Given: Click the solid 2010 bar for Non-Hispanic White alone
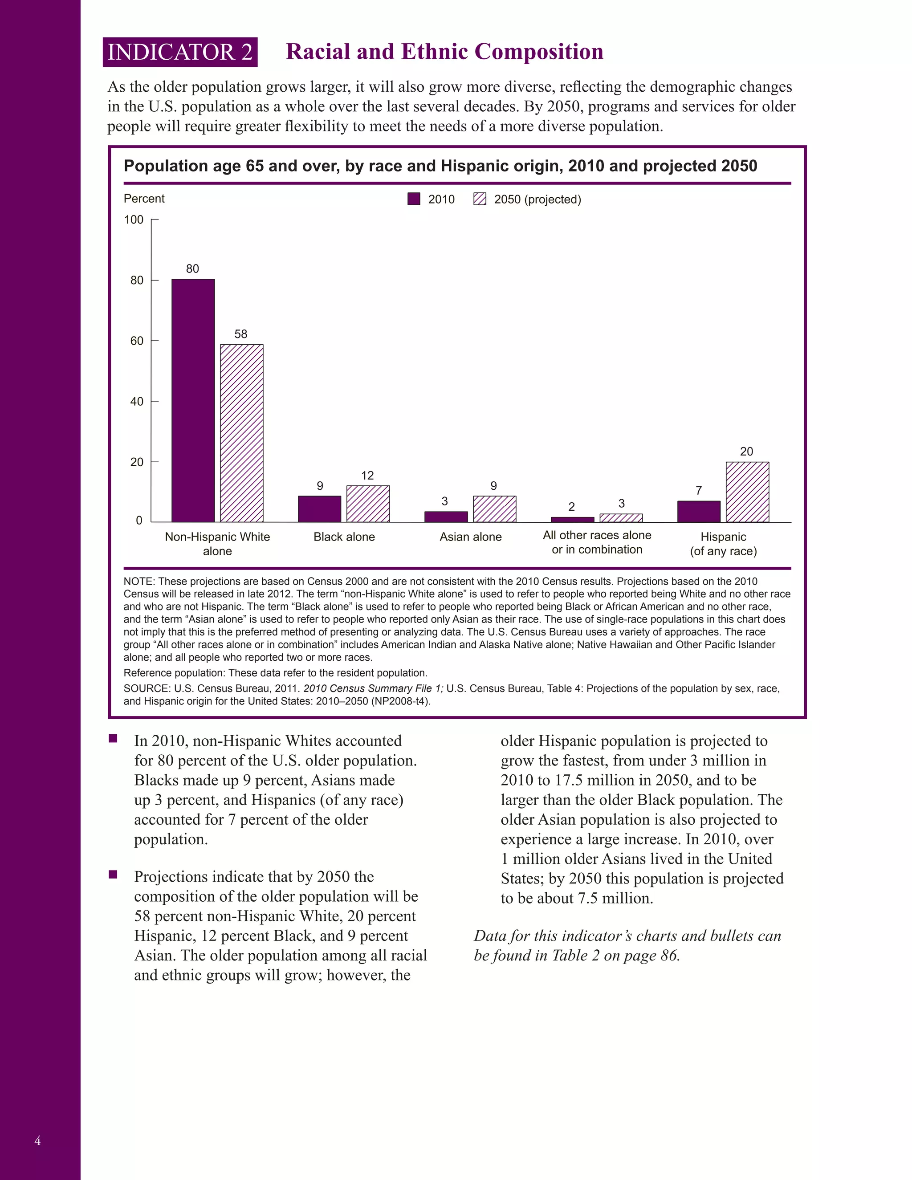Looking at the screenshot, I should (193, 400).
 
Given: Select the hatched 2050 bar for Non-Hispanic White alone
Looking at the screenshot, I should (241, 433).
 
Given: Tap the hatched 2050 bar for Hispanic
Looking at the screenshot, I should (747, 492).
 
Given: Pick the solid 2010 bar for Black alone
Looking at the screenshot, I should (319, 509).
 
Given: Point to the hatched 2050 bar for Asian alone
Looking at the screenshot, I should (494, 509).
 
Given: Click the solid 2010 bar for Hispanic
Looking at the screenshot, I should (699, 511).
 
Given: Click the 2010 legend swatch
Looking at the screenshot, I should (414, 199).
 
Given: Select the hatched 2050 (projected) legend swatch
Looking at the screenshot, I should (480, 199).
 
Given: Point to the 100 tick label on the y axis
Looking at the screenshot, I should (134, 220).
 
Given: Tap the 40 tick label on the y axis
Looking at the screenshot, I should (137, 402).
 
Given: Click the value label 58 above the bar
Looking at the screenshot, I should (241, 334).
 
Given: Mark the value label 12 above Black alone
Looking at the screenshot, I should (367, 476).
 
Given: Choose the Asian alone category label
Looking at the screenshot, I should (471, 537).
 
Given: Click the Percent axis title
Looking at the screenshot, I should (144, 198).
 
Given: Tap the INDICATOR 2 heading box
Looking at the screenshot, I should (180, 52).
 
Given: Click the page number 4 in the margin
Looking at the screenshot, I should (37, 1140).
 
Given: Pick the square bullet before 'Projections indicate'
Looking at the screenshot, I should (113, 875).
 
